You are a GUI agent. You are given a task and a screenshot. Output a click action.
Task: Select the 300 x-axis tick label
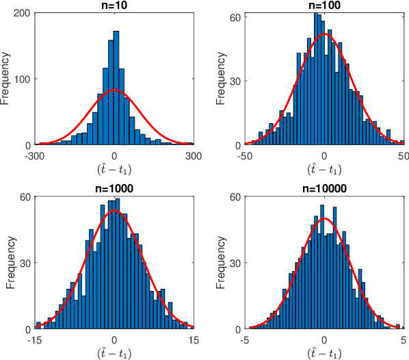point(194,155)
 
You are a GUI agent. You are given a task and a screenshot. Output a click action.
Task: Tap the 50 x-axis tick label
point(403,155)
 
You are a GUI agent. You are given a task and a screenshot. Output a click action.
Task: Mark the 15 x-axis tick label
point(194,339)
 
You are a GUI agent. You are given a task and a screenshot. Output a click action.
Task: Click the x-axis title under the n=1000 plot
point(114,354)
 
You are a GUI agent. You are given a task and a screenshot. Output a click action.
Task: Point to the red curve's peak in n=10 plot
point(114,90)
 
